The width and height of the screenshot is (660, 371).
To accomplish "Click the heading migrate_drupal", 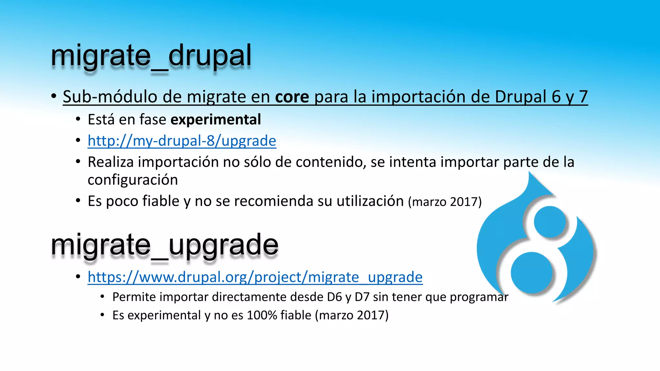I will [151, 56].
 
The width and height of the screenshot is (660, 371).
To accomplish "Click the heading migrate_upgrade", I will [164, 245].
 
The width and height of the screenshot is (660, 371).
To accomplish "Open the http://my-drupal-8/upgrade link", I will [182, 141].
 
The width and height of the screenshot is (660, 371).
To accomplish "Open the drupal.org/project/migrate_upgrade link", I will [255, 277].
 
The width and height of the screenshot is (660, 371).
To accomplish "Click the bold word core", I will [292, 97].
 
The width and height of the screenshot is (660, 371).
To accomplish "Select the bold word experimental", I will [216, 120].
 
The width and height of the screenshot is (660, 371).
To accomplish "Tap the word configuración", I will [132, 180].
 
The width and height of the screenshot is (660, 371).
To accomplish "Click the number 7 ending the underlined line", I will [583, 97].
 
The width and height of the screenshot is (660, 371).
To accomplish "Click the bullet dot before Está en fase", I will [78, 119].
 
